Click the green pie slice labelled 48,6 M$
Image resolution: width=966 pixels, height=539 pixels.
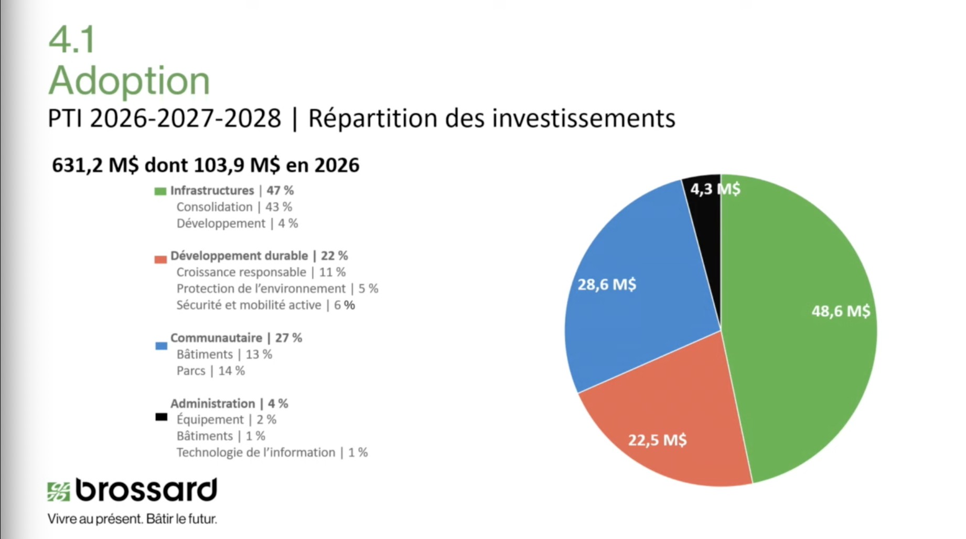click(x=802, y=336)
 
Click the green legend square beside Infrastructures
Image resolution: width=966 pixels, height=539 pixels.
click(x=160, y=191)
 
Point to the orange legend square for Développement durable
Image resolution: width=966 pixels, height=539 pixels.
click(x=160, y=259)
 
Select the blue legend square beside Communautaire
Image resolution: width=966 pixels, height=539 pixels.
click(x=161, y=346)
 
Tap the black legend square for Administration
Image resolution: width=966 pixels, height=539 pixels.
click(x=161, y=417)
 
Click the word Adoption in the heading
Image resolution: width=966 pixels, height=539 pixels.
click(x=129, y=81)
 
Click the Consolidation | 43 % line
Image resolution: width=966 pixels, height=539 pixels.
click(x=234, y=207)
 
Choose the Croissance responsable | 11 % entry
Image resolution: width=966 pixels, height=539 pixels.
click(x=261, y=272)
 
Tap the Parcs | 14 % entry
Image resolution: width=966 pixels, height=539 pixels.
click(x=210, y=371)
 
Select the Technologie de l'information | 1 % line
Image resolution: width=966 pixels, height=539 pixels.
click(x=272, y=452)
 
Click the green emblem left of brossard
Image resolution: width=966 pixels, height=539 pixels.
click(x=58, y=491)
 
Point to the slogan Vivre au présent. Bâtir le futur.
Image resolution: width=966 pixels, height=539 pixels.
click(x=132, y=519)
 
